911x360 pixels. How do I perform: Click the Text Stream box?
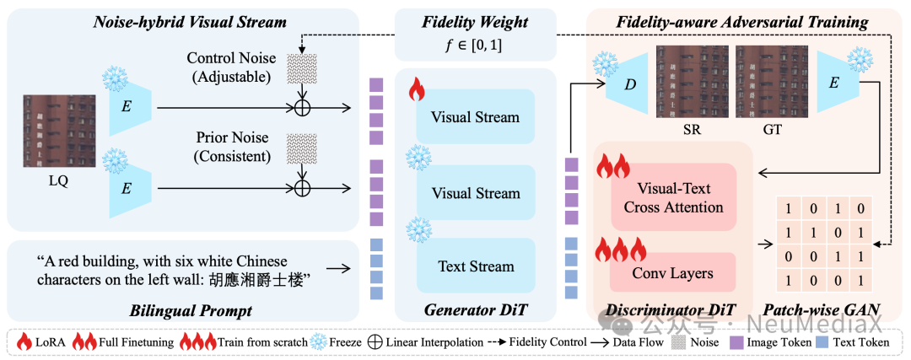coord(476,266)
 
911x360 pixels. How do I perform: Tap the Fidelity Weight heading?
coord(476,23)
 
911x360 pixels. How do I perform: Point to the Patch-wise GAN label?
coord(822,311)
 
